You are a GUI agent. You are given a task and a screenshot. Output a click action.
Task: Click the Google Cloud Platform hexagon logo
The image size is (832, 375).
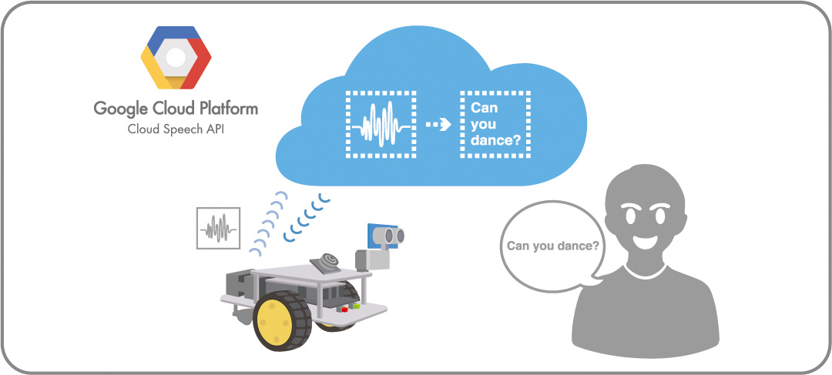[176, 59]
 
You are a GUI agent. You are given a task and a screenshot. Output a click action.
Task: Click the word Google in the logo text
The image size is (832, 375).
[120, 109]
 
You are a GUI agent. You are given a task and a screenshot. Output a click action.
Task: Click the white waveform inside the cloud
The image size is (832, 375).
[380, 124]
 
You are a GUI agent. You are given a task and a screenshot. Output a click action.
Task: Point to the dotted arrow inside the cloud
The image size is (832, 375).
[438, 125]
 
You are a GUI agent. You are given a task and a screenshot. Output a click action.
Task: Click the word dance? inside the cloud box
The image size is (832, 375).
[495, 142]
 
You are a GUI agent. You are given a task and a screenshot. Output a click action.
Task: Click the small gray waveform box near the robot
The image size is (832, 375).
[218, 228]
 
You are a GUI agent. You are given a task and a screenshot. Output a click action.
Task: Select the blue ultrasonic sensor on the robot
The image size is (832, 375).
[387, 234]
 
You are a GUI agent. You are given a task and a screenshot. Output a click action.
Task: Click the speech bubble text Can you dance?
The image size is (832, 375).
[552, 246]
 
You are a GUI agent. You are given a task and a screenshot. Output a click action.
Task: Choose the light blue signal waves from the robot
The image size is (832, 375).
[266, 223]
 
